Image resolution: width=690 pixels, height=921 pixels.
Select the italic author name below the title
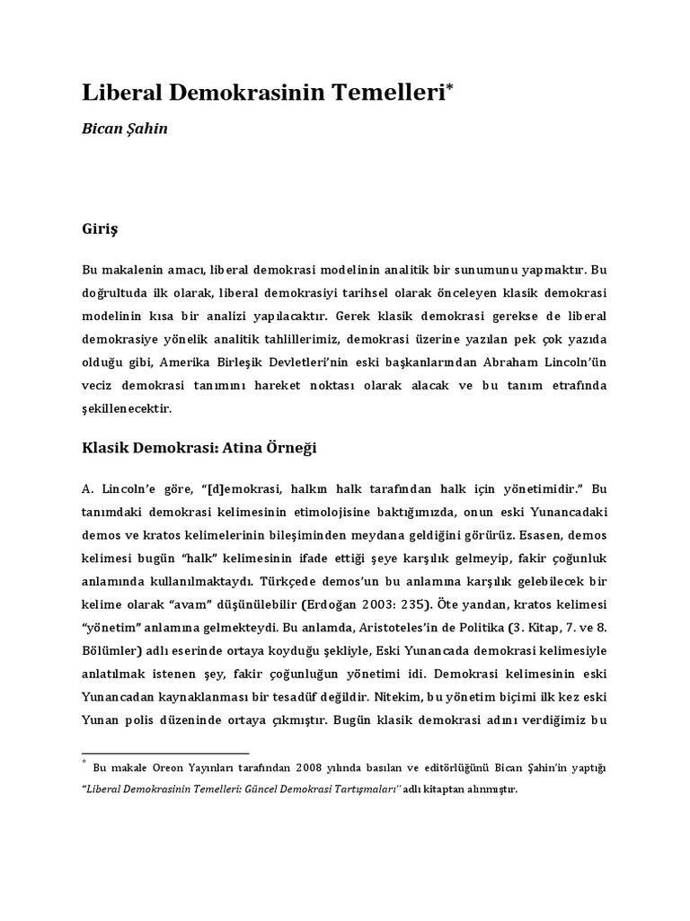coord(124,129)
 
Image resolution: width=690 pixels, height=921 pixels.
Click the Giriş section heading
coord(100,229)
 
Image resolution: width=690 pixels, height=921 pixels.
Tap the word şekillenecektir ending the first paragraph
coord(125,407)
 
